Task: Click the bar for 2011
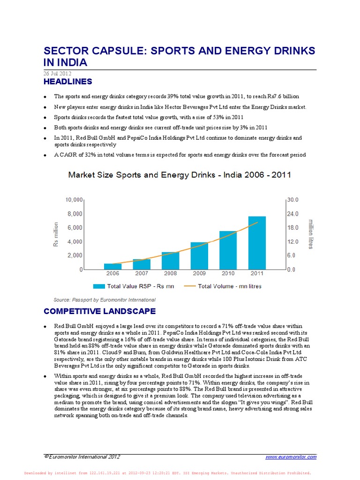click(257, 243)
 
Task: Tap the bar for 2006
click(112, 266)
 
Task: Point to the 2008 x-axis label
click(170, 273)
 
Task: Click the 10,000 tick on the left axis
click(74, 200)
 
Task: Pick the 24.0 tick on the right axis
click(293, 214)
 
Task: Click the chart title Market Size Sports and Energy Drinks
click(180, 175)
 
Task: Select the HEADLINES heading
click(68, 82)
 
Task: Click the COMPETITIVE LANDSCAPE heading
click(100, 311)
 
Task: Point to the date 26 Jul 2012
click(57, 74)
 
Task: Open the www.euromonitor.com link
click(291, 457)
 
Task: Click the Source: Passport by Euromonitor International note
click(105, 300)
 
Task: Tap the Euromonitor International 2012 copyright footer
click(82, 457)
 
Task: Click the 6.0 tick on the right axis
click(292, 255)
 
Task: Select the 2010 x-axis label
click(228, 273)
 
